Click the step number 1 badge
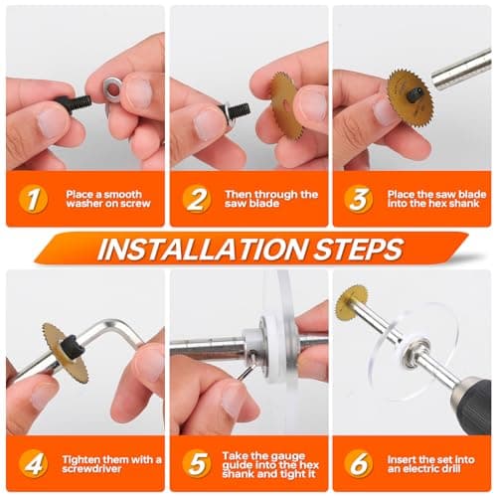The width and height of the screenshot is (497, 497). [33, 199]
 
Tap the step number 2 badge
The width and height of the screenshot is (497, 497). [197, 199]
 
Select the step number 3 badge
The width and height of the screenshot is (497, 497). [359, 199]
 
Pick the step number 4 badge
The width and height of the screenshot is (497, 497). [33, 463]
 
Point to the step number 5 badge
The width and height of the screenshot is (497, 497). [197, 463]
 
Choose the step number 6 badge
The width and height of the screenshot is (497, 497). [359, 463]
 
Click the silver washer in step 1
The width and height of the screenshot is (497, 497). [112, 88]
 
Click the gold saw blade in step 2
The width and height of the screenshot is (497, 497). [285, 106]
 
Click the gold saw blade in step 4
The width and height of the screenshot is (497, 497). [66, 352]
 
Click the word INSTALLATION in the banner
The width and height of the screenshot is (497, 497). [202, 248]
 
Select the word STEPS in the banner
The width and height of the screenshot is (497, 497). [359, 248]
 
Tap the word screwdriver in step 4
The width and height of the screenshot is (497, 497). [91, 469]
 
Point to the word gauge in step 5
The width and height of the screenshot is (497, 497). [285, 457]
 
